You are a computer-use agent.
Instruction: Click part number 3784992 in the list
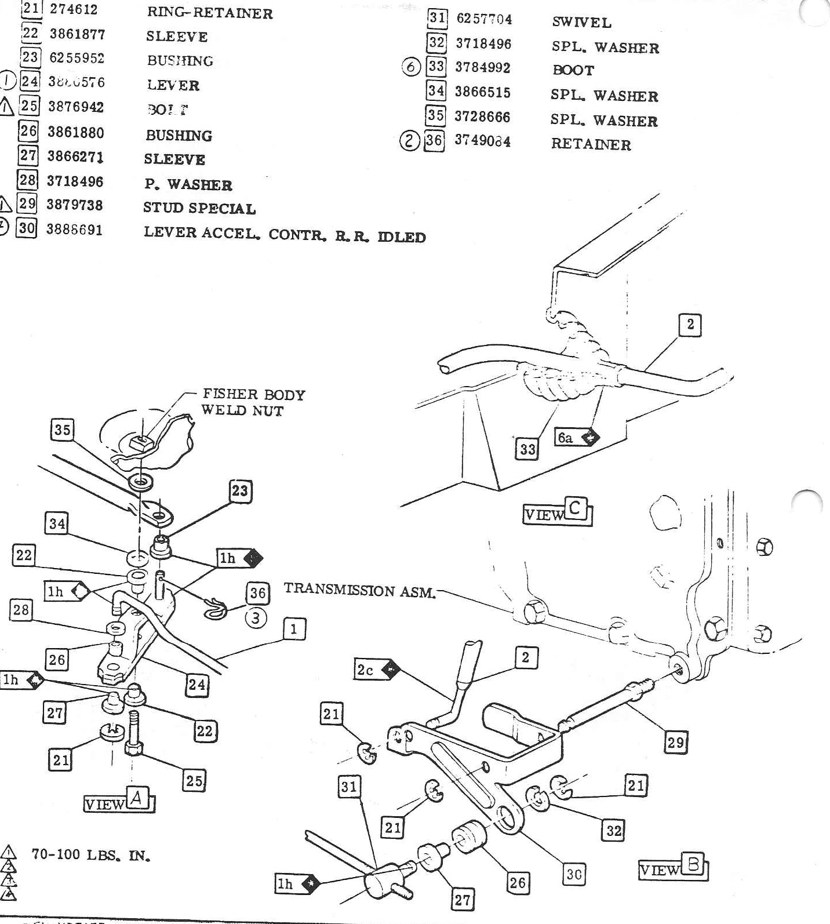[482, 68]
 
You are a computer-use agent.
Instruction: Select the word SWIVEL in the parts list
[581, 23]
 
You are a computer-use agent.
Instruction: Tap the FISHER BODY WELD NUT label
[253, 402]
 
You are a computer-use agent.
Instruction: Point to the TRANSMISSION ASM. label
[359, 591]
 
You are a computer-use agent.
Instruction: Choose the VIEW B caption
[673, 868]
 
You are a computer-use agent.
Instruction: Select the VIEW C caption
[557, 512]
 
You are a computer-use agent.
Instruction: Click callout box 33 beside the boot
[527, 449]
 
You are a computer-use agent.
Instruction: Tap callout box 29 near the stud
[676, 742]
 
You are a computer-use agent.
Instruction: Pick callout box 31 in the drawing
[349, 787]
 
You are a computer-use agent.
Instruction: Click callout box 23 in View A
[239, 491]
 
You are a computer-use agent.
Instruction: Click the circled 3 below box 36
[256, 618]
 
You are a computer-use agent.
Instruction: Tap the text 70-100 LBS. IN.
[91, 855]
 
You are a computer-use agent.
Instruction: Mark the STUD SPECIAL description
[199, 208]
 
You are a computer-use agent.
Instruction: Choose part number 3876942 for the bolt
[75, 107]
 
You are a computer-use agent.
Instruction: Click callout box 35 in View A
[62, 430]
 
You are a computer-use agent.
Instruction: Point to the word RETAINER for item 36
[591, 144]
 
